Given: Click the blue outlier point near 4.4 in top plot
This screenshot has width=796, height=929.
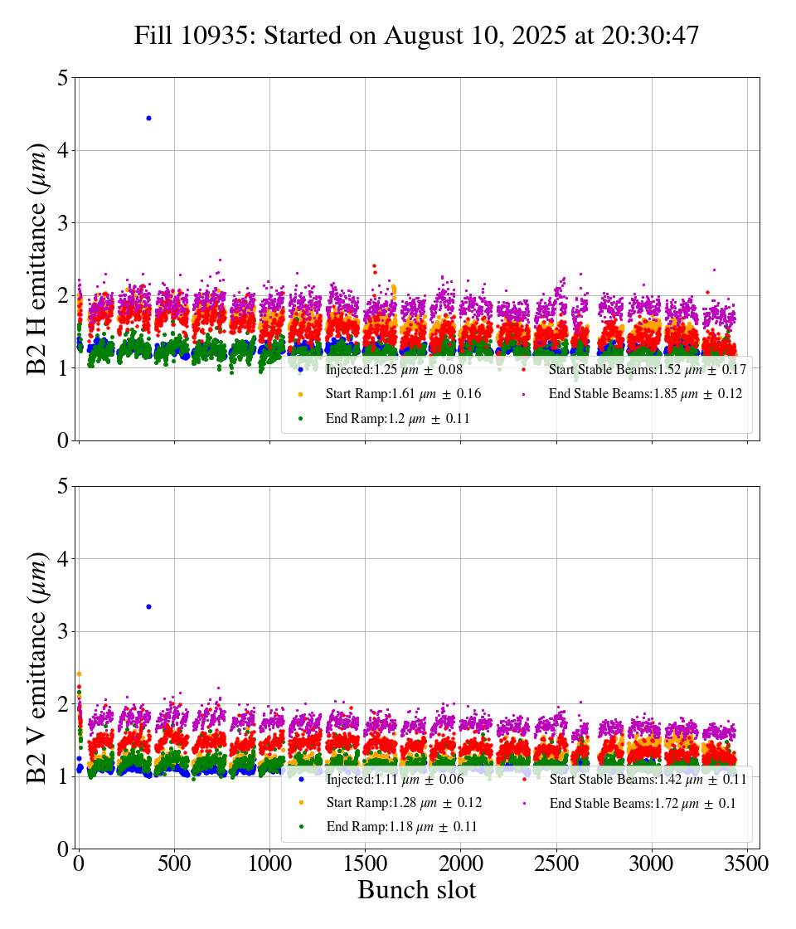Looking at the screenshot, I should coord(148,118).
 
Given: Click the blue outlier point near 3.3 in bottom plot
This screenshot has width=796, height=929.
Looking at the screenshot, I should coord(148,606).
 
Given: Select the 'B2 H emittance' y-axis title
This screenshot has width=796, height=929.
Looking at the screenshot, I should coord(37,258).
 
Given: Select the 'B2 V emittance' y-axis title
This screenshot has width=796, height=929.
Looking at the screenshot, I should coord(37,667).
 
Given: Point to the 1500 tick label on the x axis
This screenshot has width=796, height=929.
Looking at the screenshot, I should coord(366,863).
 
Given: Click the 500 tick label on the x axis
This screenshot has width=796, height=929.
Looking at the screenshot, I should coord(174,863).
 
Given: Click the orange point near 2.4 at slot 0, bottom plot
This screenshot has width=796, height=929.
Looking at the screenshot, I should coord(79,674).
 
